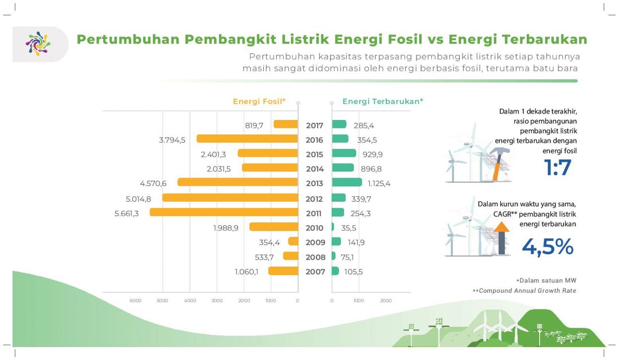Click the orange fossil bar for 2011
tap(224, 212)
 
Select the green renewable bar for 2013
tap(347, 182)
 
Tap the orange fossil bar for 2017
tap(285, 124)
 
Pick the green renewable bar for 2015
tap(344, 153)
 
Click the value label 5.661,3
tap(127, 213)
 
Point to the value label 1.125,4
tap(379, 184)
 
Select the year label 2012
tap(314, 199)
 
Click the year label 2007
tap(315, 272)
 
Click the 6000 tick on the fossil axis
tap(135, 300)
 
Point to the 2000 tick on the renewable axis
tap(386, 300)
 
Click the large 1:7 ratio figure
tap(557, 168)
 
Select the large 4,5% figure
tap(547, 246)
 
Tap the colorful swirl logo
tap(38, 43)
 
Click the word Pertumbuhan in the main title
tap(128, 39)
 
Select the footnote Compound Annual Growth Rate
tap(527, 291)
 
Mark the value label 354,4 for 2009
tap(269, 242)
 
